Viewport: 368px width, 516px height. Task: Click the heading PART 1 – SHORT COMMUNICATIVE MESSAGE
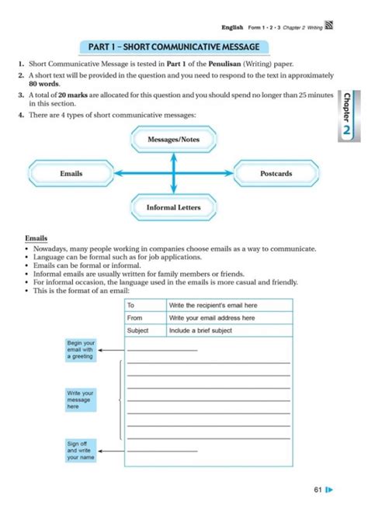[173, 47]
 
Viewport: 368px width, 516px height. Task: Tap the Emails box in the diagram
[71, 173]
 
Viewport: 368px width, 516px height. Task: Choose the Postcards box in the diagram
[276, 173]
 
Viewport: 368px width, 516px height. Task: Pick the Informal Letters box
[173, 207]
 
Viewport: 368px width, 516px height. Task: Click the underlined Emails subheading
[36, 238]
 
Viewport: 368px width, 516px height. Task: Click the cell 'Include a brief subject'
[200, 331]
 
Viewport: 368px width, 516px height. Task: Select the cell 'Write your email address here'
[212, 318]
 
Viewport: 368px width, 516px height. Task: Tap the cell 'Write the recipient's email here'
[213, 306]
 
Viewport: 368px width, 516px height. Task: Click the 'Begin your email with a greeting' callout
[80, 349]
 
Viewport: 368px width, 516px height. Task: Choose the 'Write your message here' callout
[80, 400]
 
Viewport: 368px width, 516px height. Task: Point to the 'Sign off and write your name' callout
[80, 450]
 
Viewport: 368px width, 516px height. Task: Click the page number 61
[318, 490]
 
